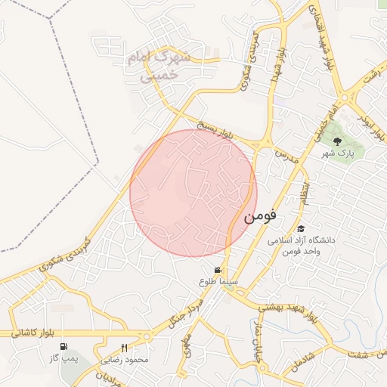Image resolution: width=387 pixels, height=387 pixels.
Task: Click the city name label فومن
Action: tap(260, 215)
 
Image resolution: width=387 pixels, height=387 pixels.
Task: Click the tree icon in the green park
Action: tap(338, 141)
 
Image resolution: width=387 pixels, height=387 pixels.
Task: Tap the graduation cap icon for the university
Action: tap(301, 228)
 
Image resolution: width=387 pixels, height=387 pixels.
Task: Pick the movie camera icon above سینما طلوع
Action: tap(218, 270)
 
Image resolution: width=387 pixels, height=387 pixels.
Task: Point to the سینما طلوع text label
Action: tap(218, 281)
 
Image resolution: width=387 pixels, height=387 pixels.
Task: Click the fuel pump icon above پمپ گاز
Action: tap(60, 346)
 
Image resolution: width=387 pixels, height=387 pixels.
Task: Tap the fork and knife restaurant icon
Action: tap(125, 348)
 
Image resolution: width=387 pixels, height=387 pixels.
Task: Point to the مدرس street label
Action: tap(287, 156)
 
